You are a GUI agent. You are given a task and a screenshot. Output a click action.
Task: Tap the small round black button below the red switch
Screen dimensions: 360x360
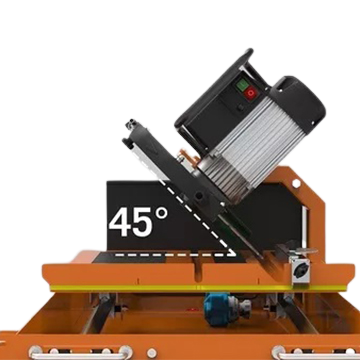pyautogui.click(x=240, y=108)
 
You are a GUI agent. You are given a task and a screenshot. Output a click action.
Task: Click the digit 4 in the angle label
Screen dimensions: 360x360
pyautogui.click(x=121, y=222)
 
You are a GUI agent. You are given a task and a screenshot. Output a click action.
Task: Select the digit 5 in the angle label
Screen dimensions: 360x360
pyautogui.click(x=144, y=222)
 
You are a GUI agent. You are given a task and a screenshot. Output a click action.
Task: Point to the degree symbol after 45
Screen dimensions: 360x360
pyautogui.click(x=162, y=214)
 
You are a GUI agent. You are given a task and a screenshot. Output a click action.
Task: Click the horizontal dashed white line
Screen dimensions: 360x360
pyautogui.click(x=175, y=255)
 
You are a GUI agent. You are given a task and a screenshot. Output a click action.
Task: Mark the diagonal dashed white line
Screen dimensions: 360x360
pyautogui.click(x=197, y=217)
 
